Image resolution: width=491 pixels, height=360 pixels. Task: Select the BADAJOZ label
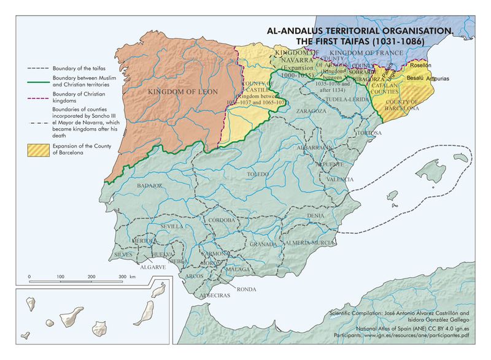coord(150,185)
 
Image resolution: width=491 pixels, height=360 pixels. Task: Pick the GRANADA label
coord(264,243)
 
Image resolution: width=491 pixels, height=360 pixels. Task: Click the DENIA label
coord(315,216)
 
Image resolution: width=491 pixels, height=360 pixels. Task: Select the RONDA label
coord(246,288)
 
